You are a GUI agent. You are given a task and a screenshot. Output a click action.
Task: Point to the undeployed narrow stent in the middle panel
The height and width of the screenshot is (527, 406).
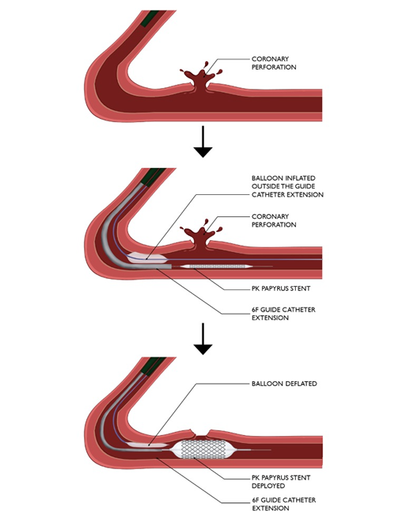click(x=214, y=267)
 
